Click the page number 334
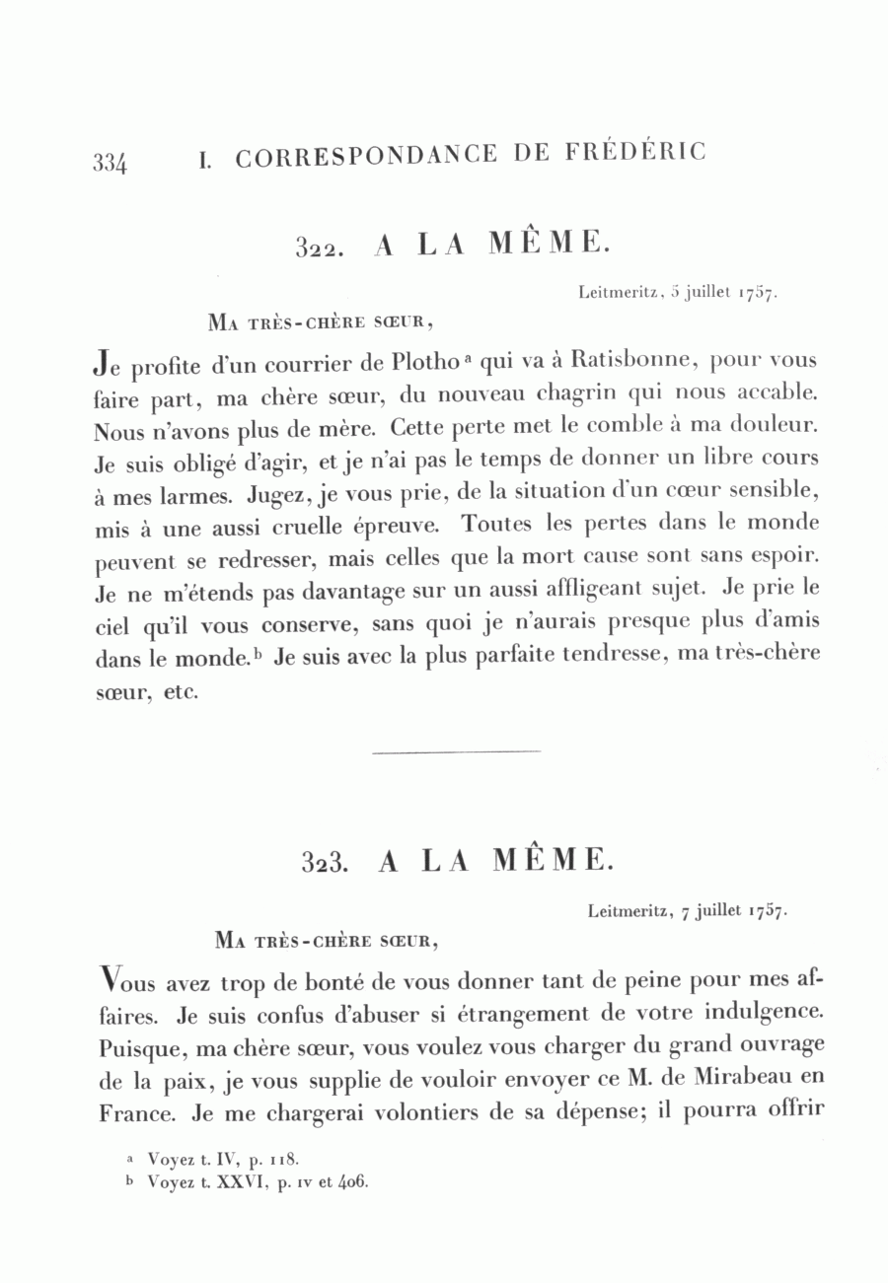click(x=110, y=162)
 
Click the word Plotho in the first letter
click(x=424, y=362)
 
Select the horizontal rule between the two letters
click(x=457, y=752)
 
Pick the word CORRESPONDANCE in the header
click(x=364, y=157)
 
